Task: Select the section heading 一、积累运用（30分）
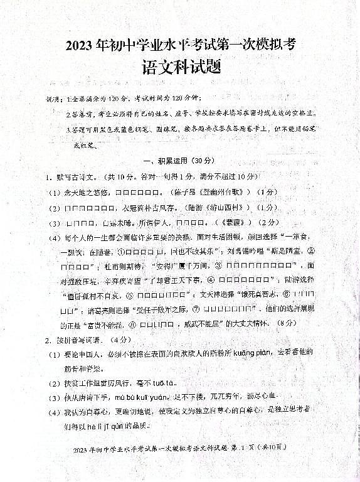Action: tap(179, 161)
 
